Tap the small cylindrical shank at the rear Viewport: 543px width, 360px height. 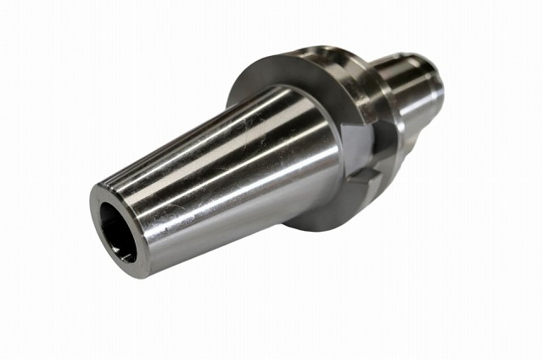[416, 85]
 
